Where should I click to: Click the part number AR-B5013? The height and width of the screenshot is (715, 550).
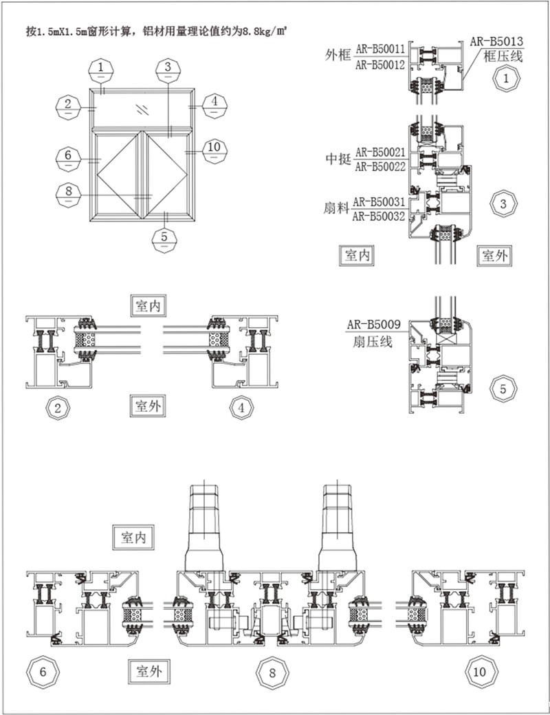(x=497, y=41)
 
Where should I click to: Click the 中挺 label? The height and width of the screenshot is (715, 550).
(x=338, y=159)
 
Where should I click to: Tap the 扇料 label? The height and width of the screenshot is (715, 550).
(x=338, y=208)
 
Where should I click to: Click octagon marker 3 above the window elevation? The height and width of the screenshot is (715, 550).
(x=165, y=67)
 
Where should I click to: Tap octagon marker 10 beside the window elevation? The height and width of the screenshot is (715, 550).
(x=214, y=146)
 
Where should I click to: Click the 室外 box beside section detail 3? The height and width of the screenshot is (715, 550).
(x=494, y=256)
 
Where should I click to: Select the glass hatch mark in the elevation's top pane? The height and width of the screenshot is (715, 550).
(x=142, y=109)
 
